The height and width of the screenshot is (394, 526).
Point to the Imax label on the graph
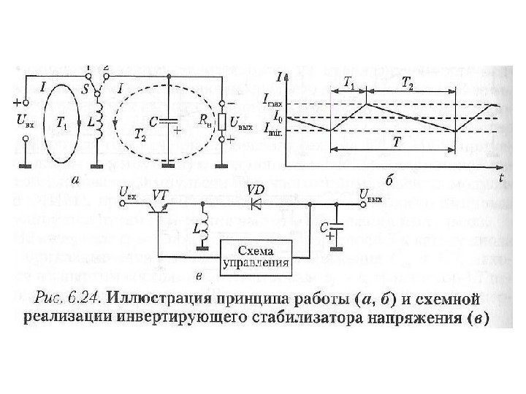click(x=273, y=105)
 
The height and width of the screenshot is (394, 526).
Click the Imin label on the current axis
click(x=273, y=131)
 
